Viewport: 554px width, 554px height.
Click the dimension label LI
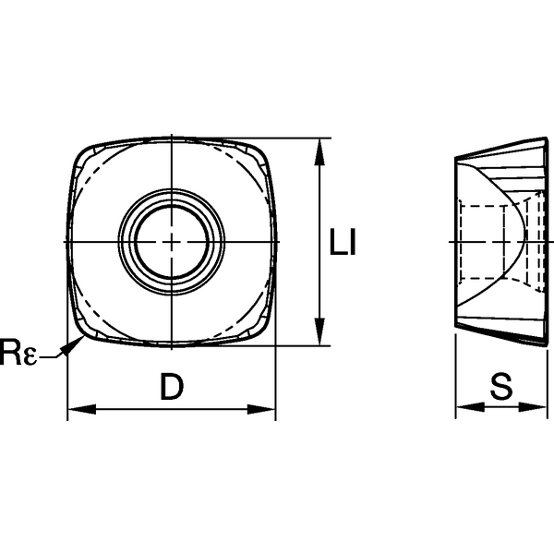point(343,242)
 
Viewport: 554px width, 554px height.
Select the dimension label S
point(500,389)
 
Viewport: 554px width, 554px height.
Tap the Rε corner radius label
point(18,351)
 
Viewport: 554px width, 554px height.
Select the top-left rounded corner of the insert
point(83,154)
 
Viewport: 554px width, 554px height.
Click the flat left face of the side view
point(456,242)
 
